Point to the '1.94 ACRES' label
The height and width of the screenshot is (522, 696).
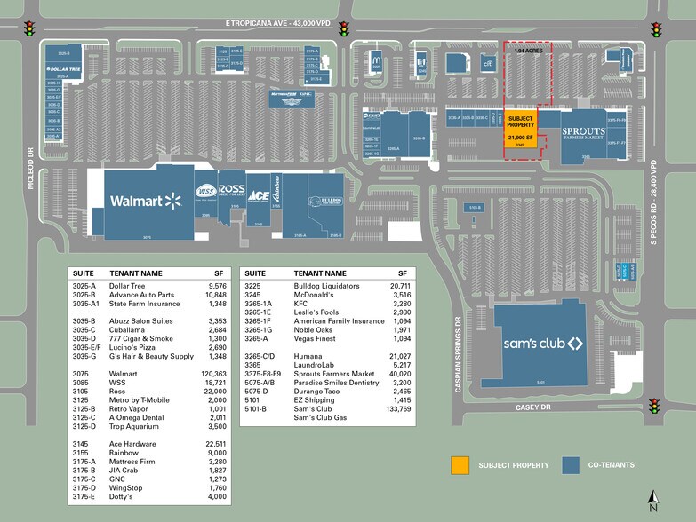pos(528,51)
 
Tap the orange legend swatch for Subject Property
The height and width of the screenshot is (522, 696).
pos(460,464)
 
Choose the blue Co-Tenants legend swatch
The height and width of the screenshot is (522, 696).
pos(571,464)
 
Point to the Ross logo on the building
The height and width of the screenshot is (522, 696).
pos(230,190)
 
